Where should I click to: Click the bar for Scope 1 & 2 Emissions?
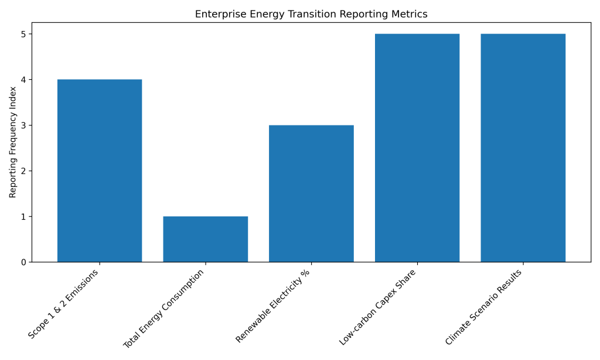click(100, 171)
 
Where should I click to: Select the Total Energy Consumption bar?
click(205, 239)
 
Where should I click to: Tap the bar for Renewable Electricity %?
click(311, 193)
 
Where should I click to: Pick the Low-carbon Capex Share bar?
click(417, 148)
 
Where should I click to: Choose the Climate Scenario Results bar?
click(523, 148)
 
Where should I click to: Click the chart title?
click(311, 14)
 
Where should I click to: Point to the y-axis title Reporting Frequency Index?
click(13, 142)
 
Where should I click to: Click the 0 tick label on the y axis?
click(23, 262)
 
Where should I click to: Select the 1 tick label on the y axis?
click(23, 216)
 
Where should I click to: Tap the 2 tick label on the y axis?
click(23, 171)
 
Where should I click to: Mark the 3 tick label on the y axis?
click(23, 125)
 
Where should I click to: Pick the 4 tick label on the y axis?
click(23, 80)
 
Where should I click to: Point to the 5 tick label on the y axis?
click(23, 34)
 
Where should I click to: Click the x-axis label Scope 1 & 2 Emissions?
click(64, 304)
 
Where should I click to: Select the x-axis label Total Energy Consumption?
click(165, 308)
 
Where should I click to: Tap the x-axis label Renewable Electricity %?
click(273, 305)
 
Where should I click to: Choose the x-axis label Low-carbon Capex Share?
click(378, 307)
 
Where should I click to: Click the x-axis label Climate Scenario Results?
click(484, 307)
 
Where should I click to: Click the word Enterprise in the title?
click(217, 14)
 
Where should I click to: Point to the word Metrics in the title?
click(410, 14)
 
